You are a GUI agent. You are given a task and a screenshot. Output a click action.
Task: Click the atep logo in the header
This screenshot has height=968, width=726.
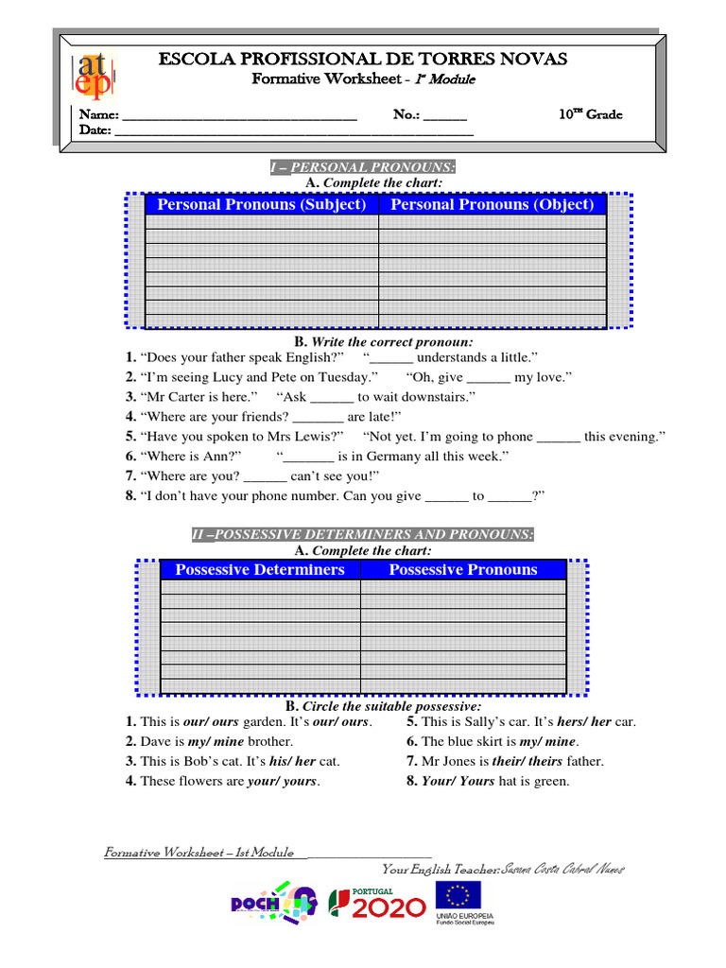[92, 77]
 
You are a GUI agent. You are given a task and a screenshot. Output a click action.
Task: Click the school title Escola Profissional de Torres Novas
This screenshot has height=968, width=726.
[362, 60]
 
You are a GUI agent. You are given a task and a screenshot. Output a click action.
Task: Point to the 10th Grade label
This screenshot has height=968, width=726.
[590, 114]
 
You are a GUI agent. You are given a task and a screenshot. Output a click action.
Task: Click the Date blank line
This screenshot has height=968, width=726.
[293, 132]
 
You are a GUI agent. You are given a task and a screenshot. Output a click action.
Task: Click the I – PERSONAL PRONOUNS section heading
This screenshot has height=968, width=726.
[362, 167]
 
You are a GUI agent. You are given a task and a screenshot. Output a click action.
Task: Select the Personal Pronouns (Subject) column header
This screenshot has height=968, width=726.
[262, 204]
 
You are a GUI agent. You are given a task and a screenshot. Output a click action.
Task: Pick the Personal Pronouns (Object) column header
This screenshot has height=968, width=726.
[493, 204]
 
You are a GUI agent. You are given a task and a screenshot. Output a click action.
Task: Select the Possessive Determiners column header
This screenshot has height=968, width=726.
[260, 569]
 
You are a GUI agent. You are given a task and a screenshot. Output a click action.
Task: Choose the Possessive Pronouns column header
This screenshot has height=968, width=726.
[463, 569]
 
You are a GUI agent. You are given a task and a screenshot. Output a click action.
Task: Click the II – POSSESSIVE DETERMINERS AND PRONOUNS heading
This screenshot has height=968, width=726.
[362, 535]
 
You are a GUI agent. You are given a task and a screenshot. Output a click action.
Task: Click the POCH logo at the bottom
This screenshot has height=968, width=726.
[273, 904]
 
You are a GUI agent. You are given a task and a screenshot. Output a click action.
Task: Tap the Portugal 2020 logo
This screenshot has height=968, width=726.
[376, 904]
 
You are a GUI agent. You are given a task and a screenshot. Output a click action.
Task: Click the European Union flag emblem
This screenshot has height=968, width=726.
[458, 896]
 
